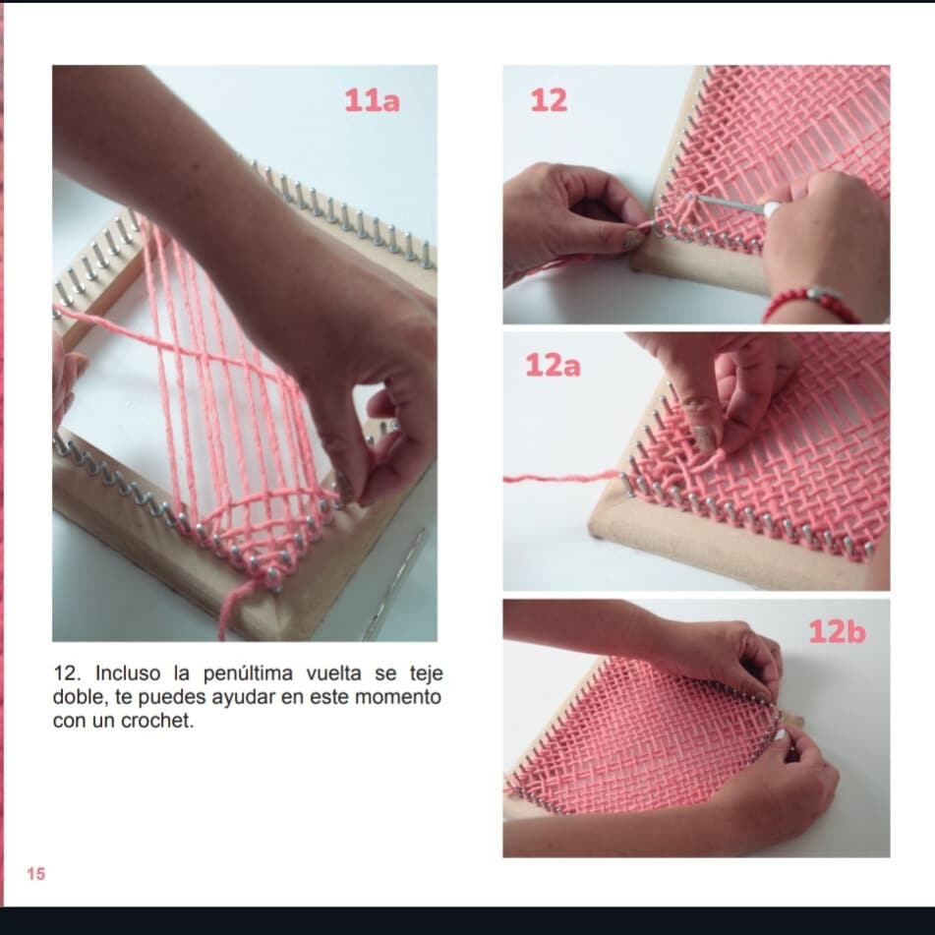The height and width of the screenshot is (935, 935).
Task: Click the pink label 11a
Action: (372, 100)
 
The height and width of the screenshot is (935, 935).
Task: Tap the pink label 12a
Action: (553, 365)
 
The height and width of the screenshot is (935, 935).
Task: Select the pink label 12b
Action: (837, 631)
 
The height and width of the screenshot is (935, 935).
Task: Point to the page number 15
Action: (35, 874)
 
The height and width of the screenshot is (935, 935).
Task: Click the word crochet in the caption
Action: (157, 721)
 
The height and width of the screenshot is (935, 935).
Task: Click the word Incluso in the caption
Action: (128, 673)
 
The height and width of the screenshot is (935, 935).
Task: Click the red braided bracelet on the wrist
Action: (810, 302)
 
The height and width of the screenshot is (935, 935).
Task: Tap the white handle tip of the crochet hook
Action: (772, 208)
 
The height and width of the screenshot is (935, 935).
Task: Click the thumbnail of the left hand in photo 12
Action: (633, 239)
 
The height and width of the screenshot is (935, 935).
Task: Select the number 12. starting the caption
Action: (68, 673)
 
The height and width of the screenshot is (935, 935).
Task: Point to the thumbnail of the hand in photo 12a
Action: (704, 438)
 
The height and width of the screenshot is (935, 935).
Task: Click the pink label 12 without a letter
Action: (549, 100)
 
